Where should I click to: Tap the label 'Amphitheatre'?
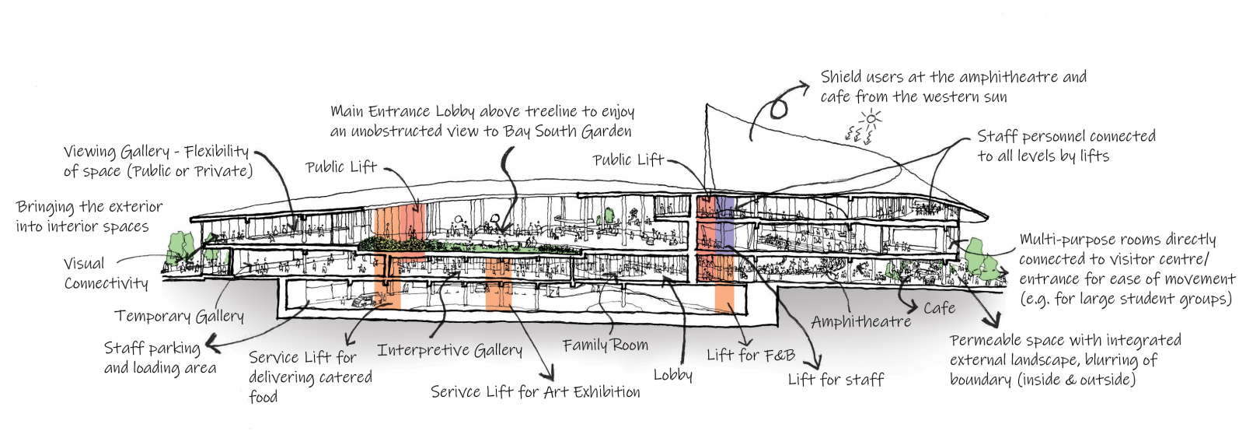[860, 321]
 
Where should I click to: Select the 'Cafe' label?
[939, 308]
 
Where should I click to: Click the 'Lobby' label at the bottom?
[672, 375]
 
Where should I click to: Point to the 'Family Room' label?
[605, 345]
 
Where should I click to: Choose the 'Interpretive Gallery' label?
[449, 350]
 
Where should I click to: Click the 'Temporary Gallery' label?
[179, 316]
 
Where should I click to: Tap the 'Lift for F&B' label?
[750, 356]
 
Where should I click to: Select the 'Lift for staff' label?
[836, 380]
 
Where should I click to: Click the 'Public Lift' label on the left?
[340, 167]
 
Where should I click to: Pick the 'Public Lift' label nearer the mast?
[628, 160]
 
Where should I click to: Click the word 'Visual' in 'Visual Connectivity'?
[84, 264]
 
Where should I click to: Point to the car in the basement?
[363, 300]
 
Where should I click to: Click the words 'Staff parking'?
[152, 348]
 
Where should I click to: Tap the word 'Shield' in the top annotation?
[841, 77]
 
